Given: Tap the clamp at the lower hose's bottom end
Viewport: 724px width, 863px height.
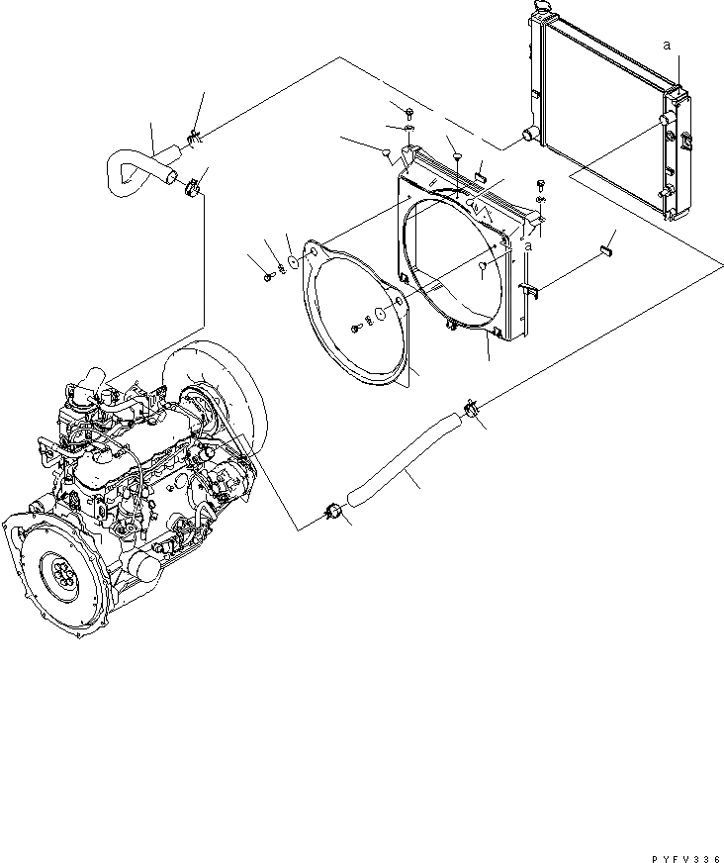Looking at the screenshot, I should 333,511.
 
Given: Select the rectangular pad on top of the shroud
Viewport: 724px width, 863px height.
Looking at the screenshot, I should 479,177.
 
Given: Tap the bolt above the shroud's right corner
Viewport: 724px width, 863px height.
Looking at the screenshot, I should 540,183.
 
